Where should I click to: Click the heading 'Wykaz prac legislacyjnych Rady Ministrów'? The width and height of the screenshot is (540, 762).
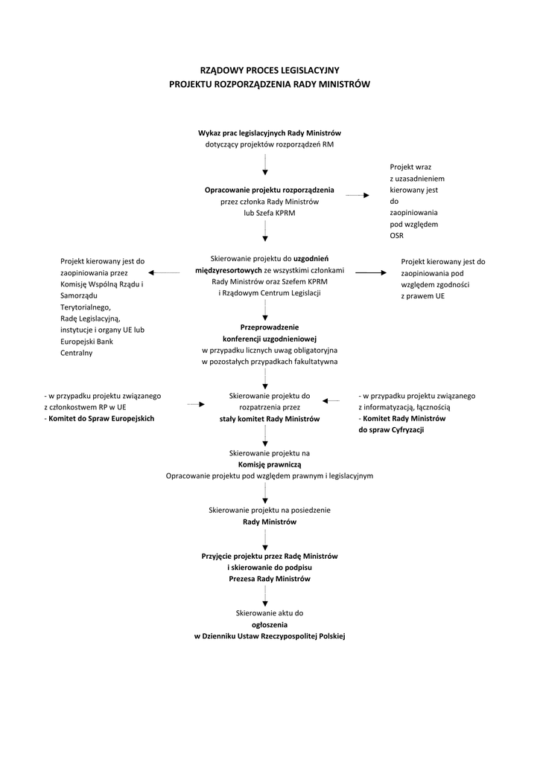pyautogui.click(x=270, y=132)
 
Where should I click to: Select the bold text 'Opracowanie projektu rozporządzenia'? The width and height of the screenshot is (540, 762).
pyautogui.click(x=270, y=190)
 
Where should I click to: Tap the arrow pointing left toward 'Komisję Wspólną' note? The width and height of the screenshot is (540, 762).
pyautogui.click(x=165, y=273)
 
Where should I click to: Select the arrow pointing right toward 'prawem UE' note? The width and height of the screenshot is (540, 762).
pyautogui.click(x=369, y=273)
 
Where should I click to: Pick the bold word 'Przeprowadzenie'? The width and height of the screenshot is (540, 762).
pyautogui.click(x=270, y=327)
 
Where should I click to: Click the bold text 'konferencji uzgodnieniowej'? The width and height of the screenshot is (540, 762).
pyautogui.click(x=270, y=339)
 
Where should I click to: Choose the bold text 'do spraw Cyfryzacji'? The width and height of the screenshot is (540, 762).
pyautogui.click(x=391, y=430)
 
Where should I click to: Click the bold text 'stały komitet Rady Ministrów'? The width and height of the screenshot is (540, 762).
pyautogui.click(x=270, y=419)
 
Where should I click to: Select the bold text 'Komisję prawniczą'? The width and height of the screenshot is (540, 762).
pyautogui.click(x=270, y=464)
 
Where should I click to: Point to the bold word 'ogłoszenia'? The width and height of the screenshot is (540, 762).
pyautogui.click(x=270, y=624)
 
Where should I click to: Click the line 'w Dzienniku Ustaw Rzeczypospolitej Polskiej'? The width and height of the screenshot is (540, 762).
pyautogui.click(x=270, y=636)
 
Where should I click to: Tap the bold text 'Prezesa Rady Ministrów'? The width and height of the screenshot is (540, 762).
pyautogui.click(x=270, y=579)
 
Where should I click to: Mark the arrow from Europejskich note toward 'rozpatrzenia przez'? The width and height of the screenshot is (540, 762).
pyautogui.click(x=196, y=404)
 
